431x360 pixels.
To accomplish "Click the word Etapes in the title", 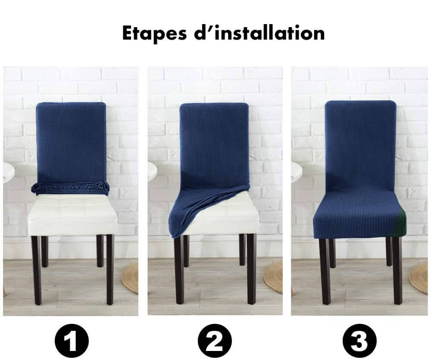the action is click(x=154, y=34).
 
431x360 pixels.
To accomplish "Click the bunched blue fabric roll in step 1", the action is click(x=70, y=188).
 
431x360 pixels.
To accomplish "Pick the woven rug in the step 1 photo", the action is click(x=130, y=278).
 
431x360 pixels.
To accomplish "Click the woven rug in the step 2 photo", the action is click(x=273, y=277).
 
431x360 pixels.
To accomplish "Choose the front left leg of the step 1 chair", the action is click(x=36, y=270).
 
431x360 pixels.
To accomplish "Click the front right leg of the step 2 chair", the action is click(x=251, y=269).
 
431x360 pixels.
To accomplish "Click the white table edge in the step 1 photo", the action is click(x=9, y=172).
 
